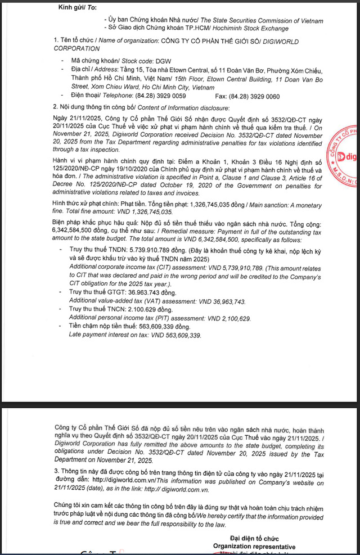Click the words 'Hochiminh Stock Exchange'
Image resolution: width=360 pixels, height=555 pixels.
click(x=254, y=28)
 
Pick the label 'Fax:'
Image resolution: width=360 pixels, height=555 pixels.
click(x=222, y=96)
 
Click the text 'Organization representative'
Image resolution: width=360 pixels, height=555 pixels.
click(x=254, y=547)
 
